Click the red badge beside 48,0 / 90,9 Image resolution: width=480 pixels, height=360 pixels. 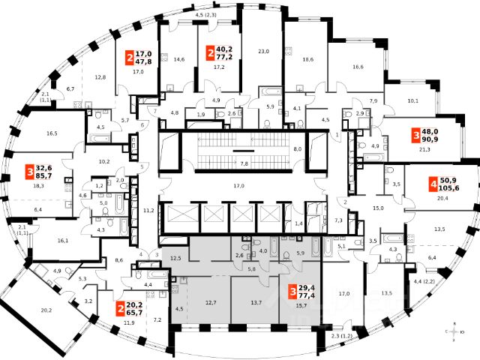(416, 136)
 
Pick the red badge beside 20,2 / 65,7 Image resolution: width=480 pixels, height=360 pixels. (121, 307)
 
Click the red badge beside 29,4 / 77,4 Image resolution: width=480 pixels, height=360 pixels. (292, 292)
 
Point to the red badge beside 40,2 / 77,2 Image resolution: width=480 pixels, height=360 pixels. (211, 52)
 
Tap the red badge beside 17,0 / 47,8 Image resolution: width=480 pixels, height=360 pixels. (130, 58)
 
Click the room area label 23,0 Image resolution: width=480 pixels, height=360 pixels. (262, 51)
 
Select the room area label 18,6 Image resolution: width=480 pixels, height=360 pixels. (308, 59)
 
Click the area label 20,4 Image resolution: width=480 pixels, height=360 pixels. (442, 199)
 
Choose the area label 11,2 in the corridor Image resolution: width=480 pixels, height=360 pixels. (148, 211)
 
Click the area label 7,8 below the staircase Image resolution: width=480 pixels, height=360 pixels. (244, 163)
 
